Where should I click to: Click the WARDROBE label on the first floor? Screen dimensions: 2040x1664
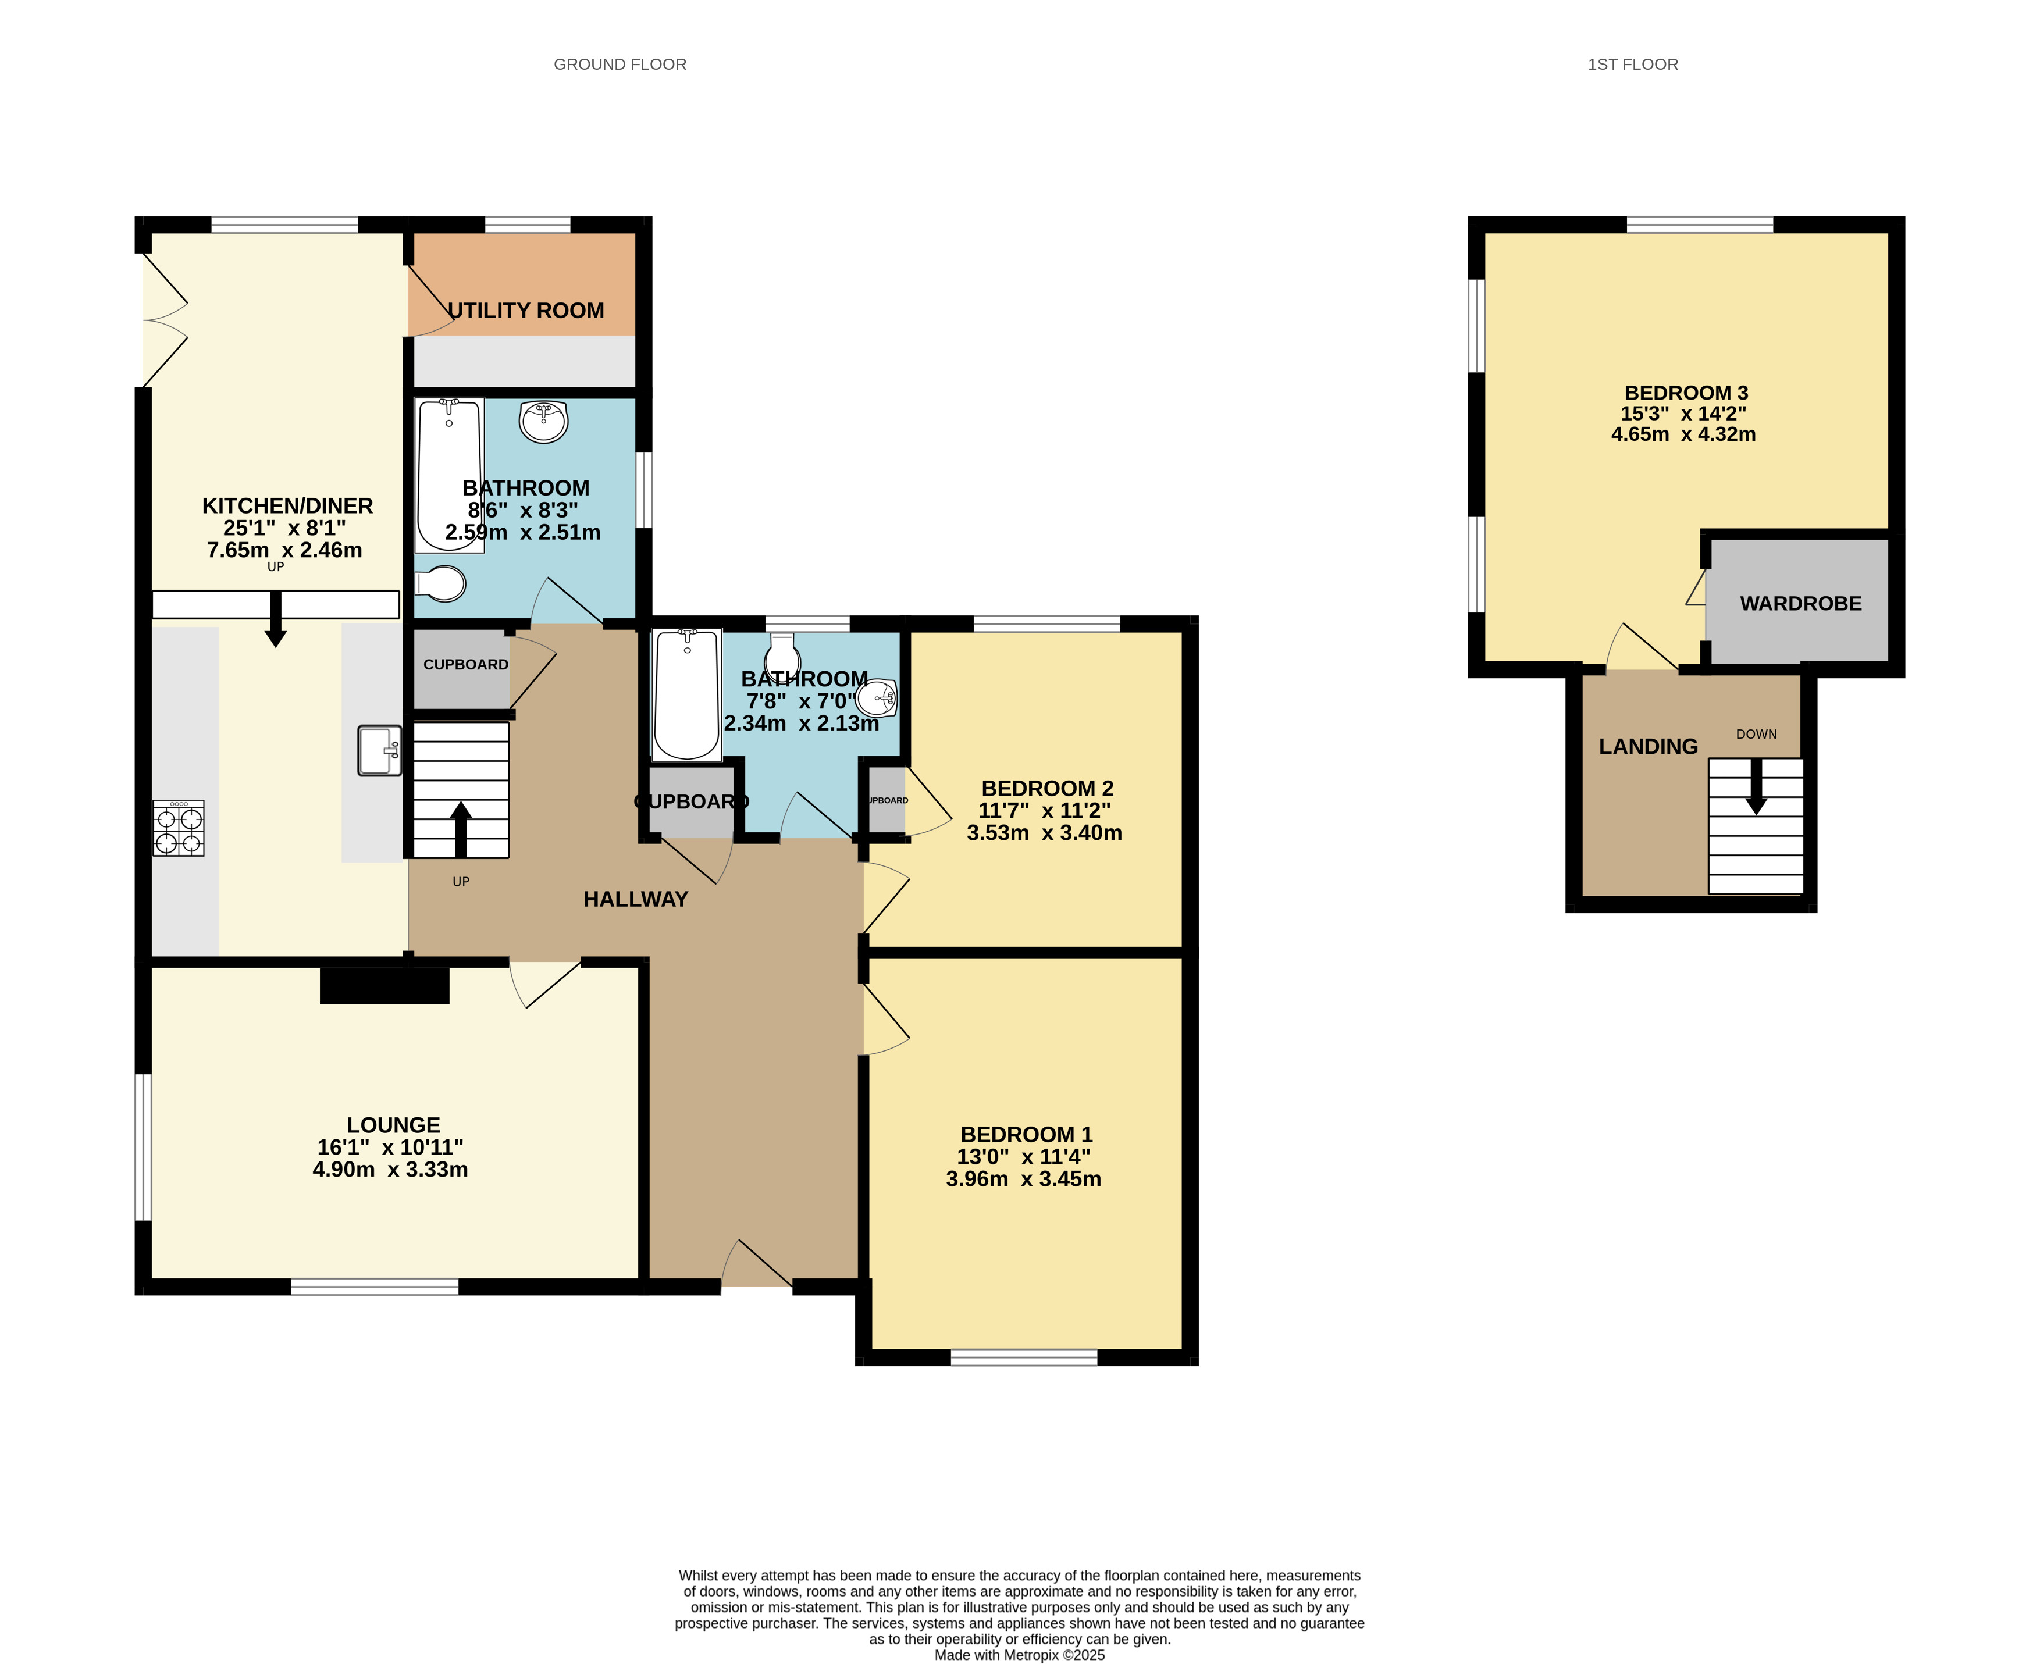(x=1800, y=604)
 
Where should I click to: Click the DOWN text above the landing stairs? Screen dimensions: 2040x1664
(x=1756, y=734)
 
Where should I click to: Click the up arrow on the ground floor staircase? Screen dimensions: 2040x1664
(x=461, y=829)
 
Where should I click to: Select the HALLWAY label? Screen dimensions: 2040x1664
(x=636, y=899)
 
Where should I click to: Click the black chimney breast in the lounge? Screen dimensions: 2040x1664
(x=384, y=985)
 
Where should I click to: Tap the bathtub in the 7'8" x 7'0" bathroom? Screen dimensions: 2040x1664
(x=686, y=695)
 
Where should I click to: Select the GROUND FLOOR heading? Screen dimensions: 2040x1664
(x=620, y=64)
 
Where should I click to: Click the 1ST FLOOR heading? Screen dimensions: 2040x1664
(x=1633, y=64)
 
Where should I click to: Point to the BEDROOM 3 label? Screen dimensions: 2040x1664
(x=1686, y=393)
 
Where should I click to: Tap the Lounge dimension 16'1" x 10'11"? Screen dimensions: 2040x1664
(x=390, y=1148)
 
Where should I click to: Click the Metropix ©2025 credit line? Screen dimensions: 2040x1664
(x=1020, y=1655)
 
